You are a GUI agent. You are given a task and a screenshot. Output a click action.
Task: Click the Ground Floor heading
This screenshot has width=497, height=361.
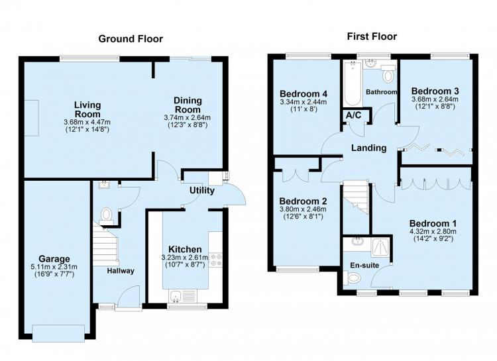[131, 38]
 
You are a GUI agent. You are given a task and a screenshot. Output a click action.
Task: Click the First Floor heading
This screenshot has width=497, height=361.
[372, 36]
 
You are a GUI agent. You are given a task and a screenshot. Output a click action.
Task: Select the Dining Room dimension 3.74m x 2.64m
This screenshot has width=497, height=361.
[187, 118]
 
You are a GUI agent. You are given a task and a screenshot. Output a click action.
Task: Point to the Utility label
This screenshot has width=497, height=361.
[202, 191]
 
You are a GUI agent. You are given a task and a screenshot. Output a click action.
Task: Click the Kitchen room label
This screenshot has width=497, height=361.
[185, 249]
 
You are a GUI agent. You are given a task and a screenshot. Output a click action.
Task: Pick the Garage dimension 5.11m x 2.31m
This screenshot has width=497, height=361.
[54, 267]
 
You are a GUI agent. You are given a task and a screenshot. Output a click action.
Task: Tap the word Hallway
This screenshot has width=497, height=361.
[121, 271]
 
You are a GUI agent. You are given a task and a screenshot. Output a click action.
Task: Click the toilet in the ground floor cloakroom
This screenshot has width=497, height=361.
[106, 215]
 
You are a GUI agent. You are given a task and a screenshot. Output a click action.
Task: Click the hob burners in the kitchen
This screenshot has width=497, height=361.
[216, 260]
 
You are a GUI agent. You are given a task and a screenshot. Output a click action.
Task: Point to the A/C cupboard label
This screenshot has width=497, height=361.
[353, 115]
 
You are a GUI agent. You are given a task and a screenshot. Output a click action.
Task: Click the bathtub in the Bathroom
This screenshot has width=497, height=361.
[353, 83]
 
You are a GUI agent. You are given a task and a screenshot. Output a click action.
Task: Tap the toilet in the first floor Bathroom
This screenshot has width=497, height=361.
[388, 74]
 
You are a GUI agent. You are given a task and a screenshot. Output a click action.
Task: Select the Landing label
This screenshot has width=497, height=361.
[368, 148]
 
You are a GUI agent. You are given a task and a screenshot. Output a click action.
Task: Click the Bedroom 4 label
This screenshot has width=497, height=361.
[304, 94]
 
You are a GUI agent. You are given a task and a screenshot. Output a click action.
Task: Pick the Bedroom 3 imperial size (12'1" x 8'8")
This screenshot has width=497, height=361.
[435, 107]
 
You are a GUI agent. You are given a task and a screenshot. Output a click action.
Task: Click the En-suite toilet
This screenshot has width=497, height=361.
[354, 279]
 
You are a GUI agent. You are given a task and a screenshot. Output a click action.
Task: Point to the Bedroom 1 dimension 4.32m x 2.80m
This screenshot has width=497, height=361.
[433, 231]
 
